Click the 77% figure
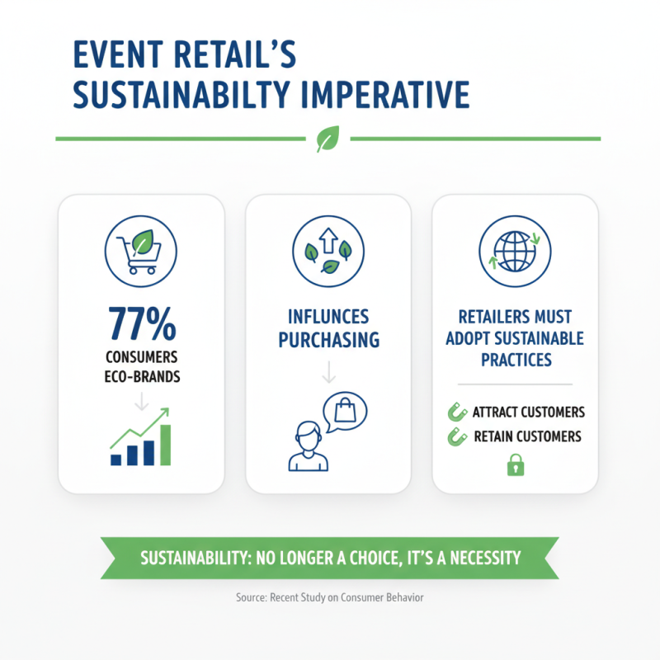point(140,324)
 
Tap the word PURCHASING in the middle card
point(328,339)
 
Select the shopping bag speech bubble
point(344,411)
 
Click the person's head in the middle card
point(307,435)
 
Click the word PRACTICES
point(514,361)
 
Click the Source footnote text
point(329,596)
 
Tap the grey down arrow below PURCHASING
point(328,373)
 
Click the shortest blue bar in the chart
point(116,459)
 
